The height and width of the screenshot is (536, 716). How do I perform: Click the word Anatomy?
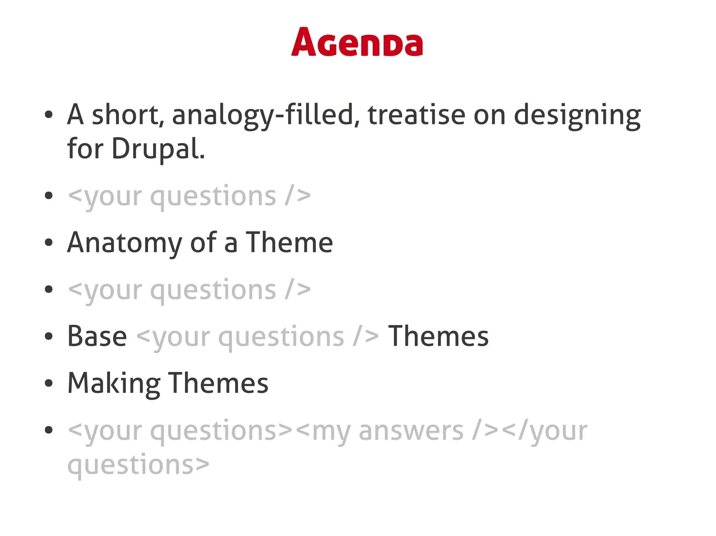(x=124, y=243)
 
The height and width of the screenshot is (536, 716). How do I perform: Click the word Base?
(x=97, y=336)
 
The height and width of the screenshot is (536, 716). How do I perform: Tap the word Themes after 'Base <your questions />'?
(x=438, y=336)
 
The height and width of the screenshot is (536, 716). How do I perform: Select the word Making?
(x=114, y=383)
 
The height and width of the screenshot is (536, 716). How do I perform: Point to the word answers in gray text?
(x=411, y=431)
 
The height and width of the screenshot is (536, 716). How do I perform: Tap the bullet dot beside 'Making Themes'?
(x=49, y=383)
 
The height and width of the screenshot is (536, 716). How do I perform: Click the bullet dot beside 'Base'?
(x=49, y=336)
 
